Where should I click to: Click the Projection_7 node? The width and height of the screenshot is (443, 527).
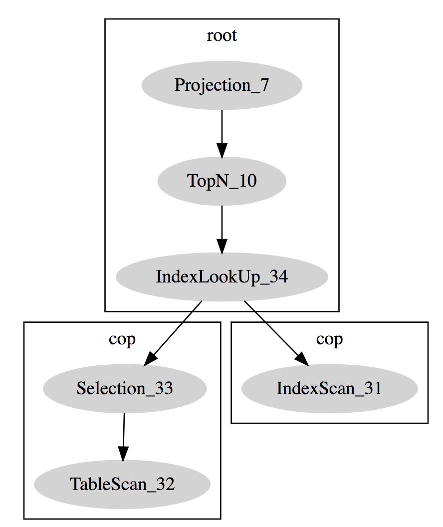point(221,85)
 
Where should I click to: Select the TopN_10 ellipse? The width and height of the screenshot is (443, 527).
point(221,181)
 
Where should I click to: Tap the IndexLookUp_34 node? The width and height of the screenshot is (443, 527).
point(221,277)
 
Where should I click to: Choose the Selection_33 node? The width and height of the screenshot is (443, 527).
point(125,389)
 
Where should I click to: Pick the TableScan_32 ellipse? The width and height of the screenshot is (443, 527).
point(122,484)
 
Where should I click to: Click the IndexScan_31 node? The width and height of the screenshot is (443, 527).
point(329,389)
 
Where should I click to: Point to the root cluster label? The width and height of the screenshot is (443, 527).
point(221,36)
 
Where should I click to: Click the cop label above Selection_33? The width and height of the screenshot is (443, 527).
point(122,339)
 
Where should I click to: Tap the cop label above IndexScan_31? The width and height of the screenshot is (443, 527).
point(329,339)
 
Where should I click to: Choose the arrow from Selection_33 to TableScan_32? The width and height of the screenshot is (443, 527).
point(123,434)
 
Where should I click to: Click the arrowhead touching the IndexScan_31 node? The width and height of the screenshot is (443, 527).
point(302,360)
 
